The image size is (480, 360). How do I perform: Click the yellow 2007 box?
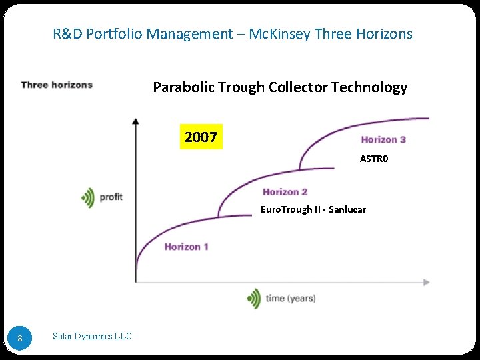[x=201, y=137]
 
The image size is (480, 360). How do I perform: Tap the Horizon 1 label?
[x=187, y=247]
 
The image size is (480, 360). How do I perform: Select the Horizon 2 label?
[x=285, y=192]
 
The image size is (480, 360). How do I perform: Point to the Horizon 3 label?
[x=383, y=139]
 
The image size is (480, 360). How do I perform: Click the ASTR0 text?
[x=374, y=159]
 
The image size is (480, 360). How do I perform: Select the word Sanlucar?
[x=347, y=209]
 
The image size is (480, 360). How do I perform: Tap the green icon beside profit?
[x=87, y=197]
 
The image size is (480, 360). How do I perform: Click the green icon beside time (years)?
[x=253, y=298]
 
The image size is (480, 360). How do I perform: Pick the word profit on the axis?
[x=111, y=197]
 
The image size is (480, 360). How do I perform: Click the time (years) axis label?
[x=291, y=298]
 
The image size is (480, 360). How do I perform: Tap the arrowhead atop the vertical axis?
[x=135, y=121]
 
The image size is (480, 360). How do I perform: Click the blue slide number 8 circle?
[x=20, y=338]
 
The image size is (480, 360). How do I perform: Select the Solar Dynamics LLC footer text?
[x=92, y=336]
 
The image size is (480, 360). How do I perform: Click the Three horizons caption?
[x=57, y=85]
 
